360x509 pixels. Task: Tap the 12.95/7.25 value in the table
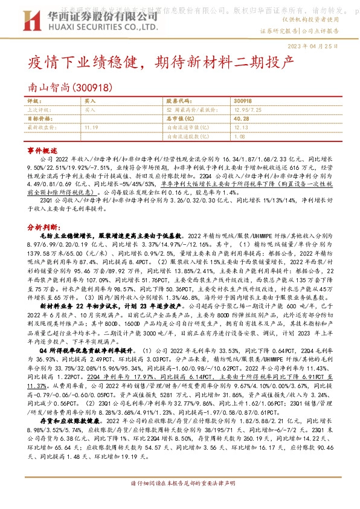(x=245, y=111)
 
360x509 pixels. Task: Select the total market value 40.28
(x=241, y=119)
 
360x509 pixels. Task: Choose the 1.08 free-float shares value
(x=239, y=137)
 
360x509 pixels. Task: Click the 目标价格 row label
(x=40, y=119)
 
